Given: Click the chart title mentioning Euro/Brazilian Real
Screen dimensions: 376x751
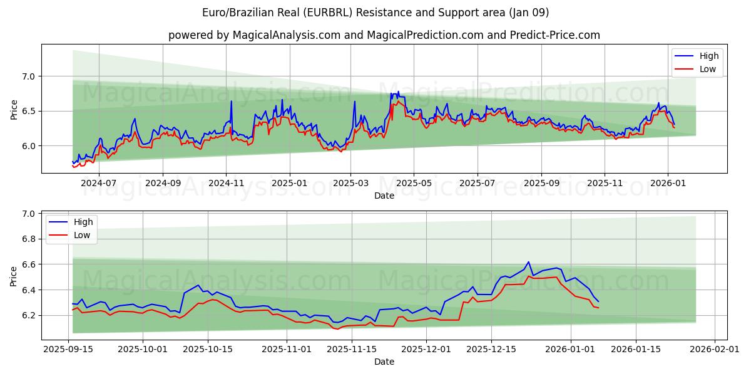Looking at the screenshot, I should [x=375, y=13].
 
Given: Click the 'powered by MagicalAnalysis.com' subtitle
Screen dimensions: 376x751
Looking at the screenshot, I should [x=384, y=35].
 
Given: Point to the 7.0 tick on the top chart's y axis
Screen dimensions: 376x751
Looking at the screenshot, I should [x=29, y=76].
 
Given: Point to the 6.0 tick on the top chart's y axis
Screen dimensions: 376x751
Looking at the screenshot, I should [x=29, y=146].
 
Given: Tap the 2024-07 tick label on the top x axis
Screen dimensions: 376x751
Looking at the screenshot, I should [x=99, y=184].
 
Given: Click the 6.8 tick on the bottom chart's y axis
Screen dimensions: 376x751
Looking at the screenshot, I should [x=29, y=239].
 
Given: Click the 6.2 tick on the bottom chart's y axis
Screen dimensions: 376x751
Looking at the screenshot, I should [x=29, y=315].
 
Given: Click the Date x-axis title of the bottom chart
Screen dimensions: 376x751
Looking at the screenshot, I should [x=384, y=362].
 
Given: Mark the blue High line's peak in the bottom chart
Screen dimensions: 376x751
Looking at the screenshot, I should [x=528, y=262].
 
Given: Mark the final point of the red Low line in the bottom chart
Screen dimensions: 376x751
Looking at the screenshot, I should [x=598, y=308].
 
